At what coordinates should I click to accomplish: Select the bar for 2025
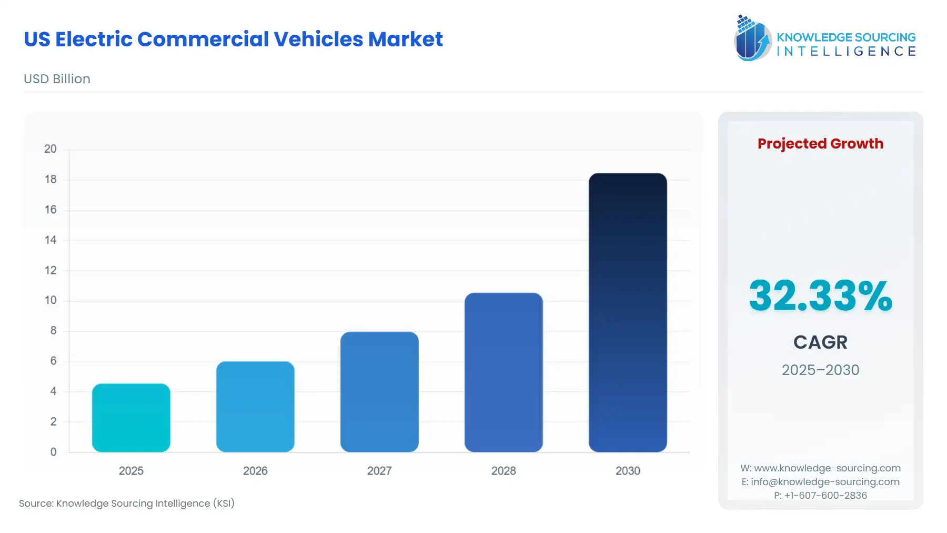(x=131, y=418)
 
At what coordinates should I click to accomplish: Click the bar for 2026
(x=255, y=407)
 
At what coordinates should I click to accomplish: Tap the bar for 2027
(x=379, y=392)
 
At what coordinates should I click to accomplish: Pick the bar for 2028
(x=503, y=372)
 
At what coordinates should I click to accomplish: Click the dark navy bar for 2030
(x=628, y=312)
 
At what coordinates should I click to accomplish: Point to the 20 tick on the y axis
(x=51, y=149)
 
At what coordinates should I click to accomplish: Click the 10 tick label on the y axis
(x=51, y=300)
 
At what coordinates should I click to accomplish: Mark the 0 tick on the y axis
(x=53, y=452)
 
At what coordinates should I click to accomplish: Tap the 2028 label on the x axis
(x=503, y=471)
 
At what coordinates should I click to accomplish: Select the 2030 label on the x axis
(x=628, y=471)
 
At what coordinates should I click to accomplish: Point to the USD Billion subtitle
(x=57, y=79)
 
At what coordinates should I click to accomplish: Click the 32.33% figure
(x=820, y=296)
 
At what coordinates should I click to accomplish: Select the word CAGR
(x=820, y=342)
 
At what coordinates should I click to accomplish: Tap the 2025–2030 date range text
(x=820, y=370)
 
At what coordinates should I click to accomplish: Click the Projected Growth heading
(x=820, y=144)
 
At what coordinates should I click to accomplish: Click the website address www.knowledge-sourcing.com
(x=827, y=468)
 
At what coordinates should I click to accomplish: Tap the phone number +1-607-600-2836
(x=825, y=496)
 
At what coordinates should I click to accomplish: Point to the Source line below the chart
(x=127, y=504)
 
